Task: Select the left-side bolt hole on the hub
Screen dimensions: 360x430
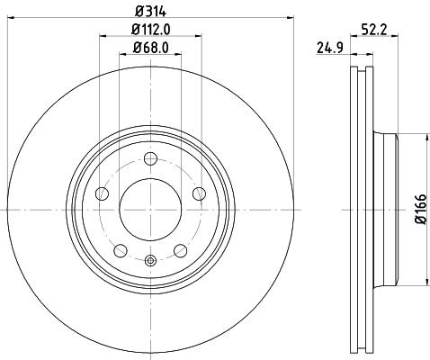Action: [x=103, y=193]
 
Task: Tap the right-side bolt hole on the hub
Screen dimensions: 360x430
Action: [x=199, y=193]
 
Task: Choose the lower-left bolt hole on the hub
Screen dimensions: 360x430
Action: [x=121, y=249]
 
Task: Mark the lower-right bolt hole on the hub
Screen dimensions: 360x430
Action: [x=181, y=249]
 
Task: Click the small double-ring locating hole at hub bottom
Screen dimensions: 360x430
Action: [x=150, y=261]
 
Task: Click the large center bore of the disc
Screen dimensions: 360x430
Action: [x=150, y=209]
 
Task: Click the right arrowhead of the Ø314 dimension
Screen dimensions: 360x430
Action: [x=291, y=17]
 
